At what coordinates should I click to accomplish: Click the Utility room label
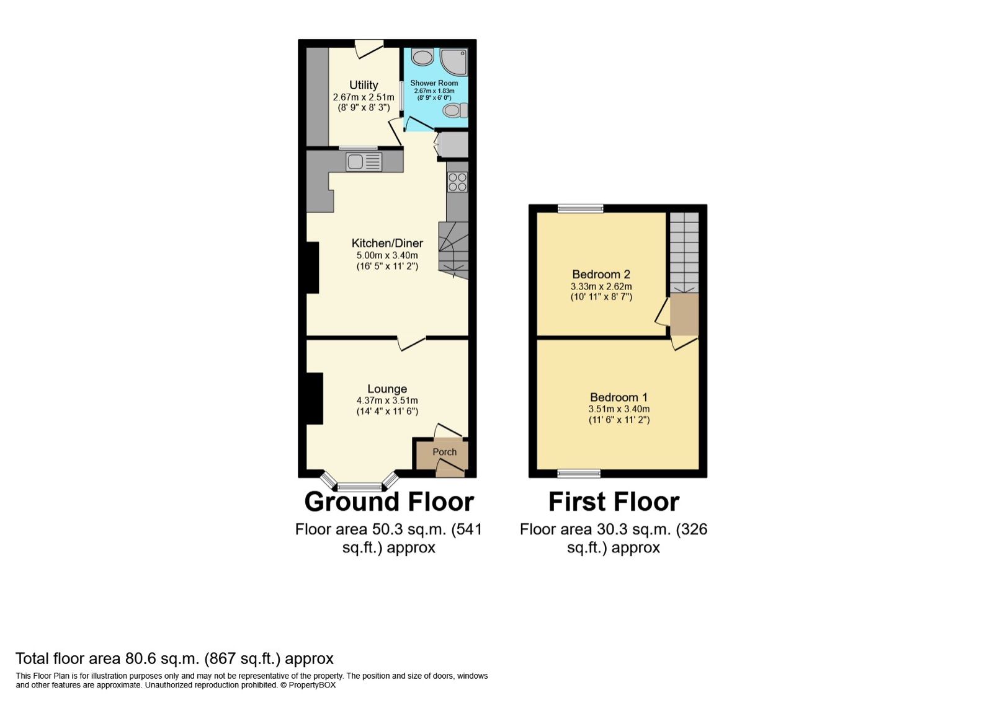tap(364, 86)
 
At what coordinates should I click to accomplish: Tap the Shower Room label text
tap(434, 83)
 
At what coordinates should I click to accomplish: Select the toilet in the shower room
tap(454, 111)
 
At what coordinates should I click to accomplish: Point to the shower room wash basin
tap(423, 58)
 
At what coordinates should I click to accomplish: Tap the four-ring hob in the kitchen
tap(458, 182)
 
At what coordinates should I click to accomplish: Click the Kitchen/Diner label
tap(387, 243)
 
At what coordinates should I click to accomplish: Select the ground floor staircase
tap(453, 250)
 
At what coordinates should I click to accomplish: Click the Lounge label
tap(387, 389)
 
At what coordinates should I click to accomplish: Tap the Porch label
tap(444, 452)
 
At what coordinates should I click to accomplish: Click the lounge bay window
tap(360, 486)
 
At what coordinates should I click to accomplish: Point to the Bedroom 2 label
tap(601, 274)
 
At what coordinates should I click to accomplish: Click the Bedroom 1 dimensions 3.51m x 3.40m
tap(619, 409)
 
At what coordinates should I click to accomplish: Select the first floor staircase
tap(684, 253)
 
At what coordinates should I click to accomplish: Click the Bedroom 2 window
tap(580, 209)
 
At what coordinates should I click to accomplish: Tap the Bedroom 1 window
tap(579, 474)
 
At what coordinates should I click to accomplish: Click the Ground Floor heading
tap(389, 502)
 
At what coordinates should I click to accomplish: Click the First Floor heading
tap(614, 502)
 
